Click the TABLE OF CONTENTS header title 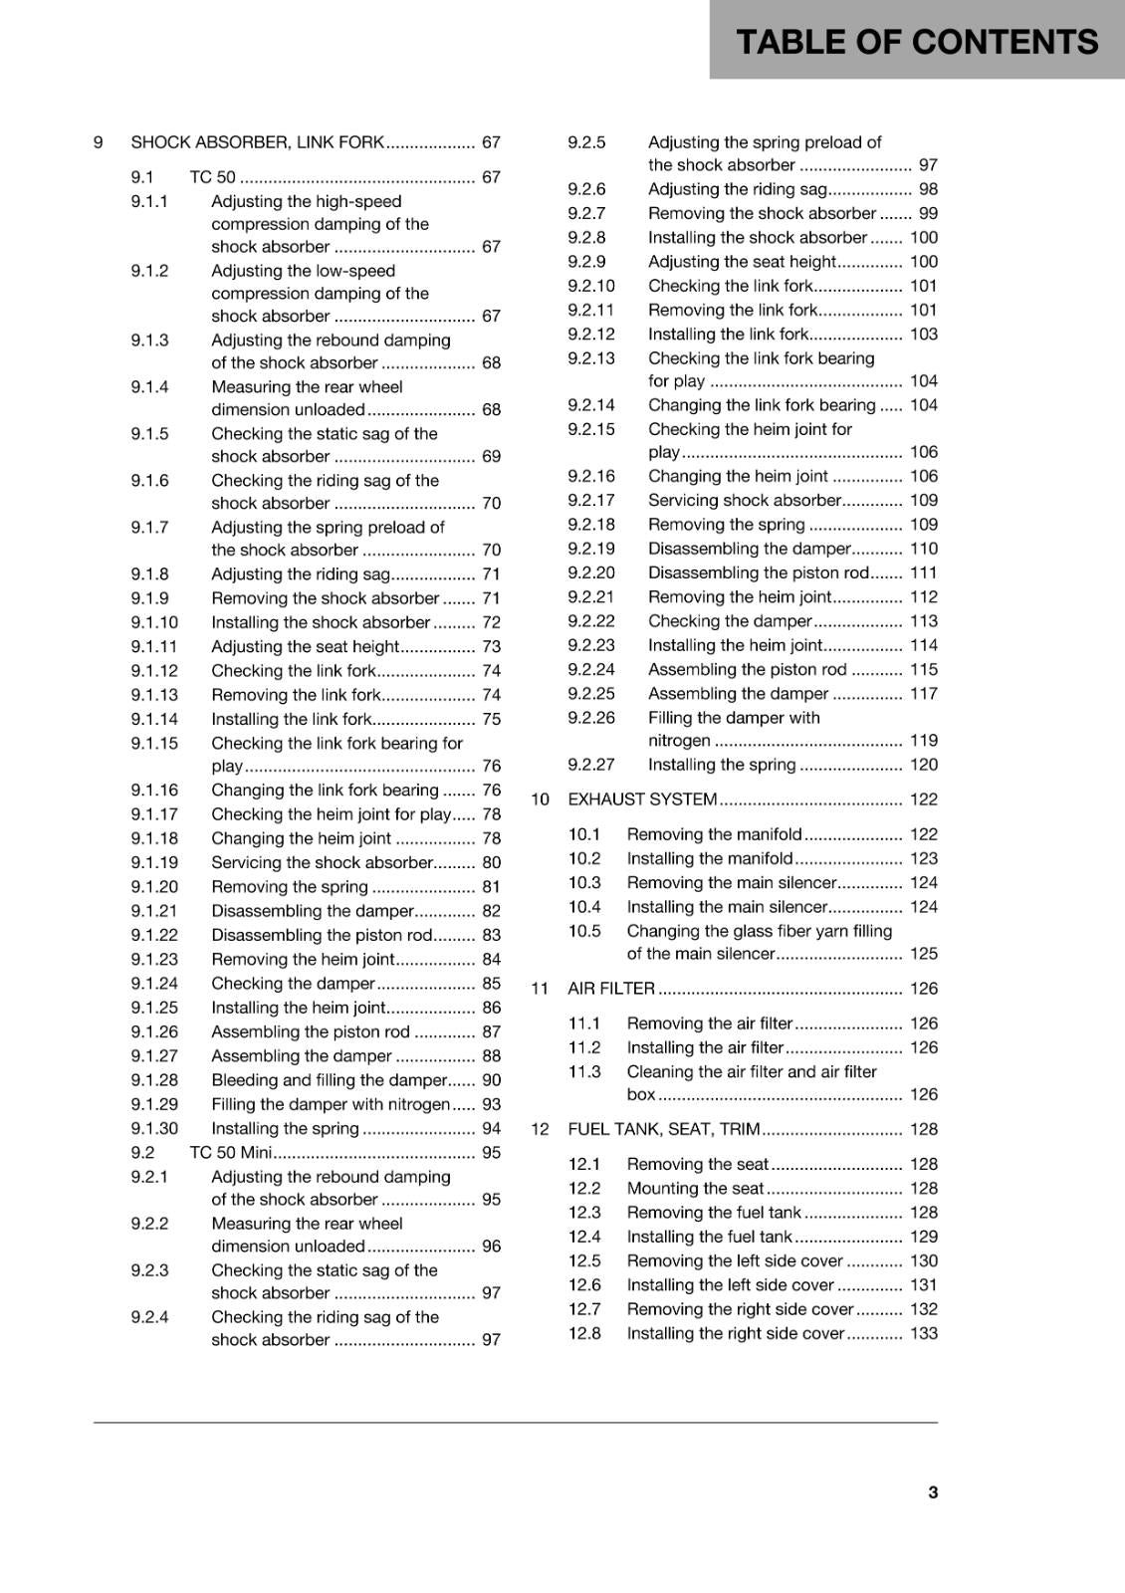coord(916,41)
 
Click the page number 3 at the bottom coord(932,1491)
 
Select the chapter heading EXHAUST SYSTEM coord(642,799)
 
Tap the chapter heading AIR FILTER coord(611,989)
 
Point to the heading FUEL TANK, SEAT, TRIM coord(664,1129)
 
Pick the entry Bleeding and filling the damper coord(329,1080)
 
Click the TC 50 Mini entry coord(230,1153)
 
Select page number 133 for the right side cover coord(923,1333)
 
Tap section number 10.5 coord(584,931)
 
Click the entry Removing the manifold coord(714,834)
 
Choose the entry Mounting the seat coord(695,1188)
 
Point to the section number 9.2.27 coord(591,765)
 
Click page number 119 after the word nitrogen coord(923,741)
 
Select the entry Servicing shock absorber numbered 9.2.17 coord(745,501)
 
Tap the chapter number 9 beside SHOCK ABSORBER coord(99,142)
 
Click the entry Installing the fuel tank coord(709,1237)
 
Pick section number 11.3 coord(584,1072)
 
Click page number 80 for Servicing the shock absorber coord(491,863)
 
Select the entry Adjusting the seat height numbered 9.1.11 coord(305,647)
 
